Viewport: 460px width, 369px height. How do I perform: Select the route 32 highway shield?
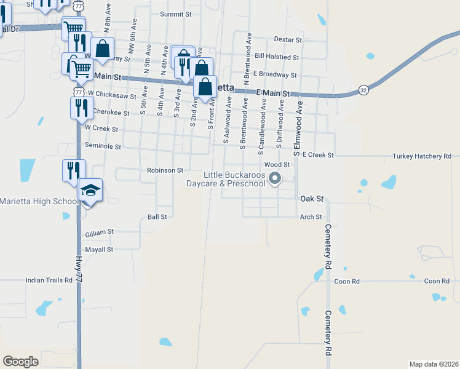364,89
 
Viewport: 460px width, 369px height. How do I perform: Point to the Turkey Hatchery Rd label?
422,156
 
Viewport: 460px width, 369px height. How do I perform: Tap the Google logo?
20,362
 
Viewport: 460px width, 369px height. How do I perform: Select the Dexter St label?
288,40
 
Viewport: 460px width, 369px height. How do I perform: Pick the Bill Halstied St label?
276,57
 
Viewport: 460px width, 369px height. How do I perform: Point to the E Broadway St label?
274,74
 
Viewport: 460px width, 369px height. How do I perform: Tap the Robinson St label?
165,170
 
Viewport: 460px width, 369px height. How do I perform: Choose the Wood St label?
277,165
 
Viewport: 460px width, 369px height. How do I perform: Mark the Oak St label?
311,199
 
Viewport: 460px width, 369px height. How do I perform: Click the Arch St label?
311,216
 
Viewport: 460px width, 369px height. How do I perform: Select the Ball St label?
157,216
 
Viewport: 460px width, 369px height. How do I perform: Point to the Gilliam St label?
100,232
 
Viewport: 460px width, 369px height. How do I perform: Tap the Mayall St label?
100,250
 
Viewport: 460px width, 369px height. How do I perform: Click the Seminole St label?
103,146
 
